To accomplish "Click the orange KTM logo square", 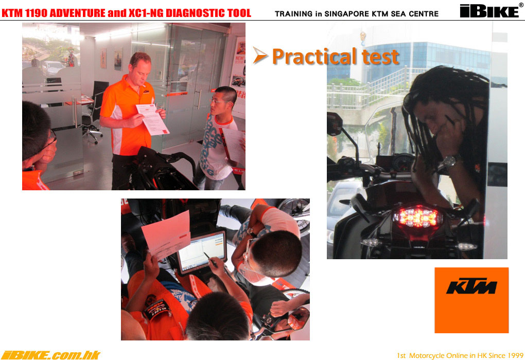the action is pyautogui.click(x=471, y=300).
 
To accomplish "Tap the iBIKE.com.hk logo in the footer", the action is pyautogui.click(x=50, y=355).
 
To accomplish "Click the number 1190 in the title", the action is pyautogui.click(x=37, y=13).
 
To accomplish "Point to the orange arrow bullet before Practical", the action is pyautogui.click(x=260, y=55).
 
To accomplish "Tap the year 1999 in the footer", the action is pyautogui.click(x=515, y=355).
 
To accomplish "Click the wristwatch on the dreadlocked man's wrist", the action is pyautogui.click(x=449, y=162).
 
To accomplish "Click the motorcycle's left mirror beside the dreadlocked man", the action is pyautogui.click(x=335, y=124).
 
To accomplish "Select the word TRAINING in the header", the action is pyautogui.click(x=293, y=14).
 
